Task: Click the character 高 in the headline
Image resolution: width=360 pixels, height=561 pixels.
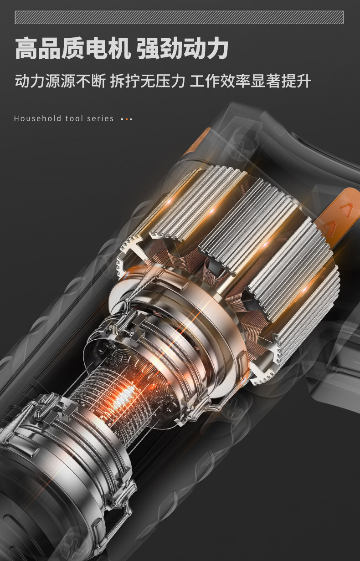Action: pos(26,48)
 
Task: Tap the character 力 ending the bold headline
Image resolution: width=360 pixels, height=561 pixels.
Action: pos(217,48)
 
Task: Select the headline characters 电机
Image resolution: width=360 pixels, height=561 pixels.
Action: pos(108,48)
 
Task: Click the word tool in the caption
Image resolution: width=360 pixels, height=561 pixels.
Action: pos(72,118)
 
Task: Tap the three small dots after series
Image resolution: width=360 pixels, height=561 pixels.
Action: pos(127,119)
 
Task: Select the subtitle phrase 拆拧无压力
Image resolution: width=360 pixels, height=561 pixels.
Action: pos(148,81)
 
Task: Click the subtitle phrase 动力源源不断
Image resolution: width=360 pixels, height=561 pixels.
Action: pos(60,81)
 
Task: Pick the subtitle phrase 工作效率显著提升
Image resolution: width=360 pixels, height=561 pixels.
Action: pos(251,81)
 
